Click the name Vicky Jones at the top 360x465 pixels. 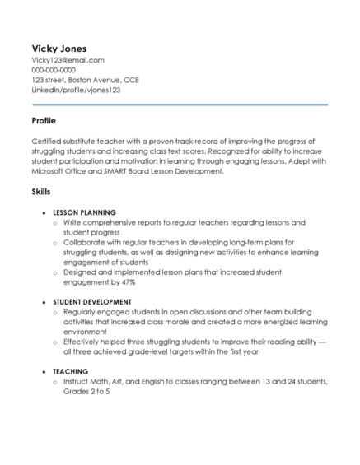click(58, 48)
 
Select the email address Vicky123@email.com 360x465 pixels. click(68, 60)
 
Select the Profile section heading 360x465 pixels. click(44, 120)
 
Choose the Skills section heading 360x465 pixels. click(41, 191)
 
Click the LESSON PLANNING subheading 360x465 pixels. click(85, 212)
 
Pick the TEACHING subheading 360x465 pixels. click(71, 371)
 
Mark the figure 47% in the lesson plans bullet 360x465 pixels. click(126, 281)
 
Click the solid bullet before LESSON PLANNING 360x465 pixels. click(44, 212)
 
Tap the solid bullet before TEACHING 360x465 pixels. click(44, 371)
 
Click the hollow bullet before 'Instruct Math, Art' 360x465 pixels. click(55, 382)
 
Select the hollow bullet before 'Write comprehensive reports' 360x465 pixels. click(55, 223)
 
